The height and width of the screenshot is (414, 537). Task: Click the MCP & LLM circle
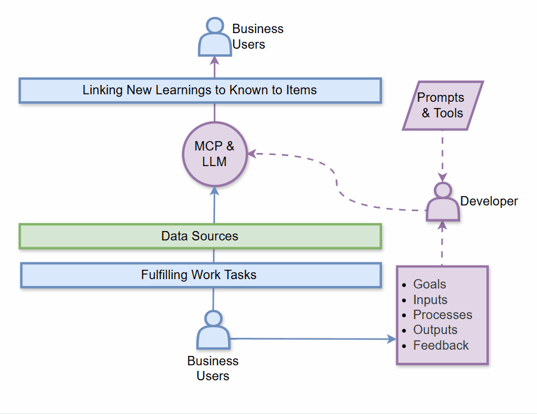(x=214, y=154)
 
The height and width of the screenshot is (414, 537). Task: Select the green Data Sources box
(x=200, y=236)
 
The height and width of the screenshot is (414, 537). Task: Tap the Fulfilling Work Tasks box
(x=200, y=275)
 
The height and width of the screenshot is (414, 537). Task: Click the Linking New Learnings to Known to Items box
(x=200, y=90)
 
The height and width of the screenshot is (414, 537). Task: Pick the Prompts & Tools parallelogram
(x=442, y=106)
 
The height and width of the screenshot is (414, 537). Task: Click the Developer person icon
(x=443, y=203)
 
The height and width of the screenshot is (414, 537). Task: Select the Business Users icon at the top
(x=214, y=37)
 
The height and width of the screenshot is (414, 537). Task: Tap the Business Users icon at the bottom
(x=213, y=330)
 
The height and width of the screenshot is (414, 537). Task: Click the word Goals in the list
(x=429, y=284)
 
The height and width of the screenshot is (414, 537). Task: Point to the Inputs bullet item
(x=430, y=300)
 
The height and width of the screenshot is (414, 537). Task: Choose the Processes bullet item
(x=442, y=315)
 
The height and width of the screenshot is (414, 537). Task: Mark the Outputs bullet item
(x=435, y=330)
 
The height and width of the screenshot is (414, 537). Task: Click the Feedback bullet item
(x=441, y=345)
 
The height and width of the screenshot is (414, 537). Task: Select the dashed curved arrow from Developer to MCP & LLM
(x=338, y=180)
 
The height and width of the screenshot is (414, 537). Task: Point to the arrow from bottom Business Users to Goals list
(x=313, y=339)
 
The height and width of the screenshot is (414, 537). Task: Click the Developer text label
(x=489, y=201)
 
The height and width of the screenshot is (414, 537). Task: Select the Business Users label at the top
(x=258, y=37)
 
